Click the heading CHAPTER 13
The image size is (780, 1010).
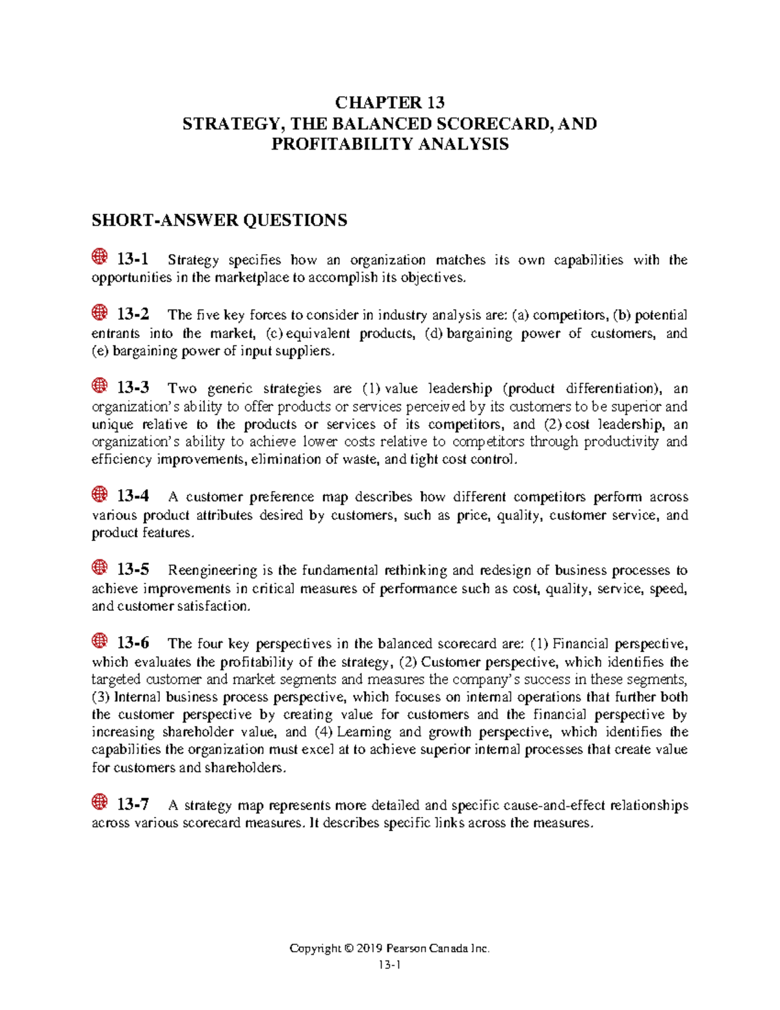pos(389,103)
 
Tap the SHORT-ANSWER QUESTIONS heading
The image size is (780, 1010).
pos(219,220)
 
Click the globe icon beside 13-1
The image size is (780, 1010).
pos(99,258)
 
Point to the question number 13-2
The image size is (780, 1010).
pos(133,314)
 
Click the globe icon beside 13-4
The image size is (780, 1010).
pos(99,495)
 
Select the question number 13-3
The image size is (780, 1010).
pos(133,388)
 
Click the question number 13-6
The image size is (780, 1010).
pos(133,643)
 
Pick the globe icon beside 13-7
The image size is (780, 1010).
pos(99,803)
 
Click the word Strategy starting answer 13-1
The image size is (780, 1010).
pos(193,260)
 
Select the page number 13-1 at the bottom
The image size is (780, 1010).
pos(389,966)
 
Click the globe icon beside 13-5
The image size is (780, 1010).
pos(99,568)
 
